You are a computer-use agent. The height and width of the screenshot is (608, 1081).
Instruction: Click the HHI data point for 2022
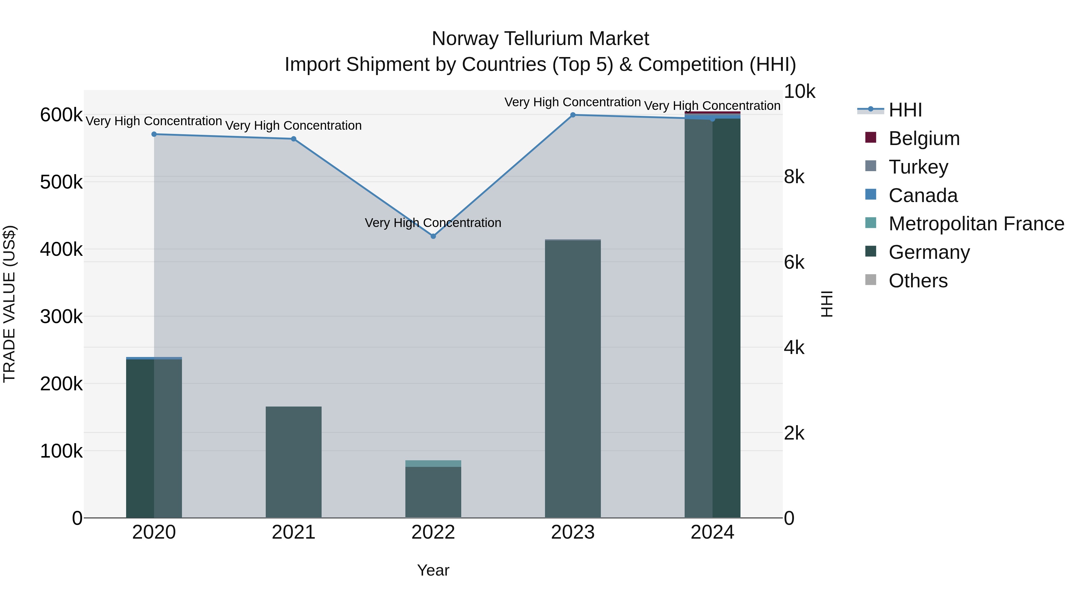tap(433, 236)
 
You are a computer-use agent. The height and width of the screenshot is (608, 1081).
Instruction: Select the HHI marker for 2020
tap(154, 134)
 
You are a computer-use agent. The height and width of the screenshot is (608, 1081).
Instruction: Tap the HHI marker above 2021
tap(293, 139)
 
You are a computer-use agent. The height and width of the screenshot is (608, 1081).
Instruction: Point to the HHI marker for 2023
tap(573, 115)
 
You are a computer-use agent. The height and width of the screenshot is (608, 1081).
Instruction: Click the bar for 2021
tap(293, 461)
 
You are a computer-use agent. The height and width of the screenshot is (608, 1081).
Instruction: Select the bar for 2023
tap(573, 378)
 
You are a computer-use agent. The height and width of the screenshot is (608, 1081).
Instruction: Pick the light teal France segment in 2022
tap(433, 464)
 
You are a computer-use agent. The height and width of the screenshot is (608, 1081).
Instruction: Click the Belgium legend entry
tap(924, 138)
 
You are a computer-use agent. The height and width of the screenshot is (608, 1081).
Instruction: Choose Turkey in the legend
tap(918, 167)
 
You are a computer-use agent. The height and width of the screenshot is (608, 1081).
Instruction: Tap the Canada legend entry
tap(923, 195)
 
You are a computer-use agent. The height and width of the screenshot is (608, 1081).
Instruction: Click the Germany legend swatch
tap(871, 252)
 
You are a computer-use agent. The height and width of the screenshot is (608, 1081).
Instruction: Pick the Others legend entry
tap(918, 281)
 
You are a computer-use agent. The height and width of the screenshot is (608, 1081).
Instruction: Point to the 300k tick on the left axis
tap(61, 317)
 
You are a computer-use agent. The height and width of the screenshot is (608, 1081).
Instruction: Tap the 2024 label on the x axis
tap(712, 532)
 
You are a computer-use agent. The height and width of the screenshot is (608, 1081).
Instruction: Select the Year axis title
tap(433, 570)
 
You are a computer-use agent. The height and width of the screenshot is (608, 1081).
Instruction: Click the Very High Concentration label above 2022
tap(433, 223)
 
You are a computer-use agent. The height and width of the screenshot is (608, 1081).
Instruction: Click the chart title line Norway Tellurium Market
tap(540, 39)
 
